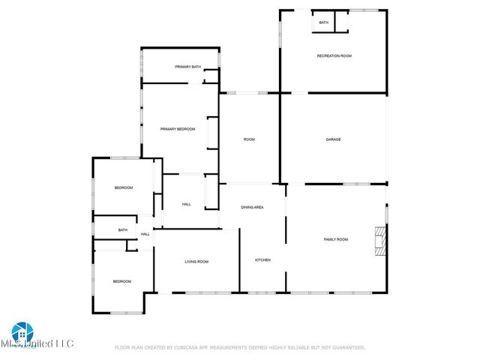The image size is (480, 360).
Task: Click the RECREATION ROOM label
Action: pyautogui.click(x=334, y=56)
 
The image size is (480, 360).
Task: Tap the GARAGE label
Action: pyautogui.click(x=333, y=139)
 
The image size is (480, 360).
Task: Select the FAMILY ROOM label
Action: pyautogui.click(x=335, y=239)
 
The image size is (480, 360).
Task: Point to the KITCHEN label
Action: pyautogui.click(x=262, y=260)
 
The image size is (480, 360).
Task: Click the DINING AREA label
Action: pyautogui.click(x=251, y=207)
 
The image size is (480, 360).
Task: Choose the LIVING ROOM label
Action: pyautogui.click(x=196, y=262)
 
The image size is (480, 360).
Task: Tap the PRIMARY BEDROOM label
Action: pyautogui.click(x=178, y=129)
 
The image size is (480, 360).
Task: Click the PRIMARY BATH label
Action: pyautogui.click(x=187, y=67)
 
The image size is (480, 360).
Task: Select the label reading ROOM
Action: pyautogui.click(x=249, y=139)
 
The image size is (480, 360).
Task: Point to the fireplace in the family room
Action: pyautogui.click(x=381, y=240)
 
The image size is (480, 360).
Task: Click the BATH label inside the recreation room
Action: pyautogui.click(x=323, y=22)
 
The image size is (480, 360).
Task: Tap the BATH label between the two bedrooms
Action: pyautogui.click(x=122, y=229)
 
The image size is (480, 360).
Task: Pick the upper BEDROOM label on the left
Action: pyautogui.click(x=123, y=187)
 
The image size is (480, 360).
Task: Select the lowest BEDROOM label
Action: pyautogui.click(x=121, y=281)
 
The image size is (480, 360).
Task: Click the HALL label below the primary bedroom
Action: pyautogui.click(x=186, y=204)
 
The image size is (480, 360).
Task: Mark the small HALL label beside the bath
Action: pyautogui.click(x=145, y=234)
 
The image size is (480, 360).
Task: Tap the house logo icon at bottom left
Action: pyautogui.click(x=22, y=332)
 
